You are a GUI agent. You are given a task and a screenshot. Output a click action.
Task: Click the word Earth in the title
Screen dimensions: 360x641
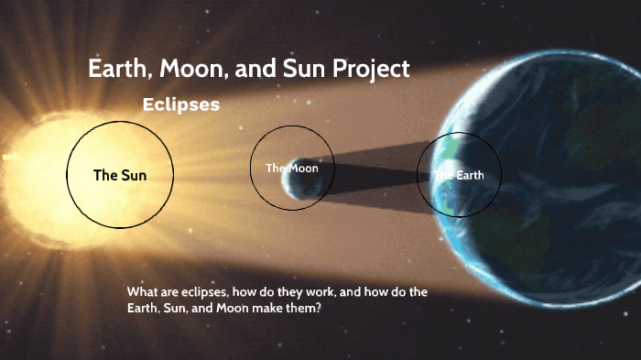tap(114, 70)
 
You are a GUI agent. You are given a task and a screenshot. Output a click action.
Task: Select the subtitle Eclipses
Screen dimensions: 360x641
tap(181, 105)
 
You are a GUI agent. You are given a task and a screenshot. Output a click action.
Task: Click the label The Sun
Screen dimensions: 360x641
tap(120, 175)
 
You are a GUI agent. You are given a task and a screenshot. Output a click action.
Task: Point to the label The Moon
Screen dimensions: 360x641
tap(292, 168)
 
